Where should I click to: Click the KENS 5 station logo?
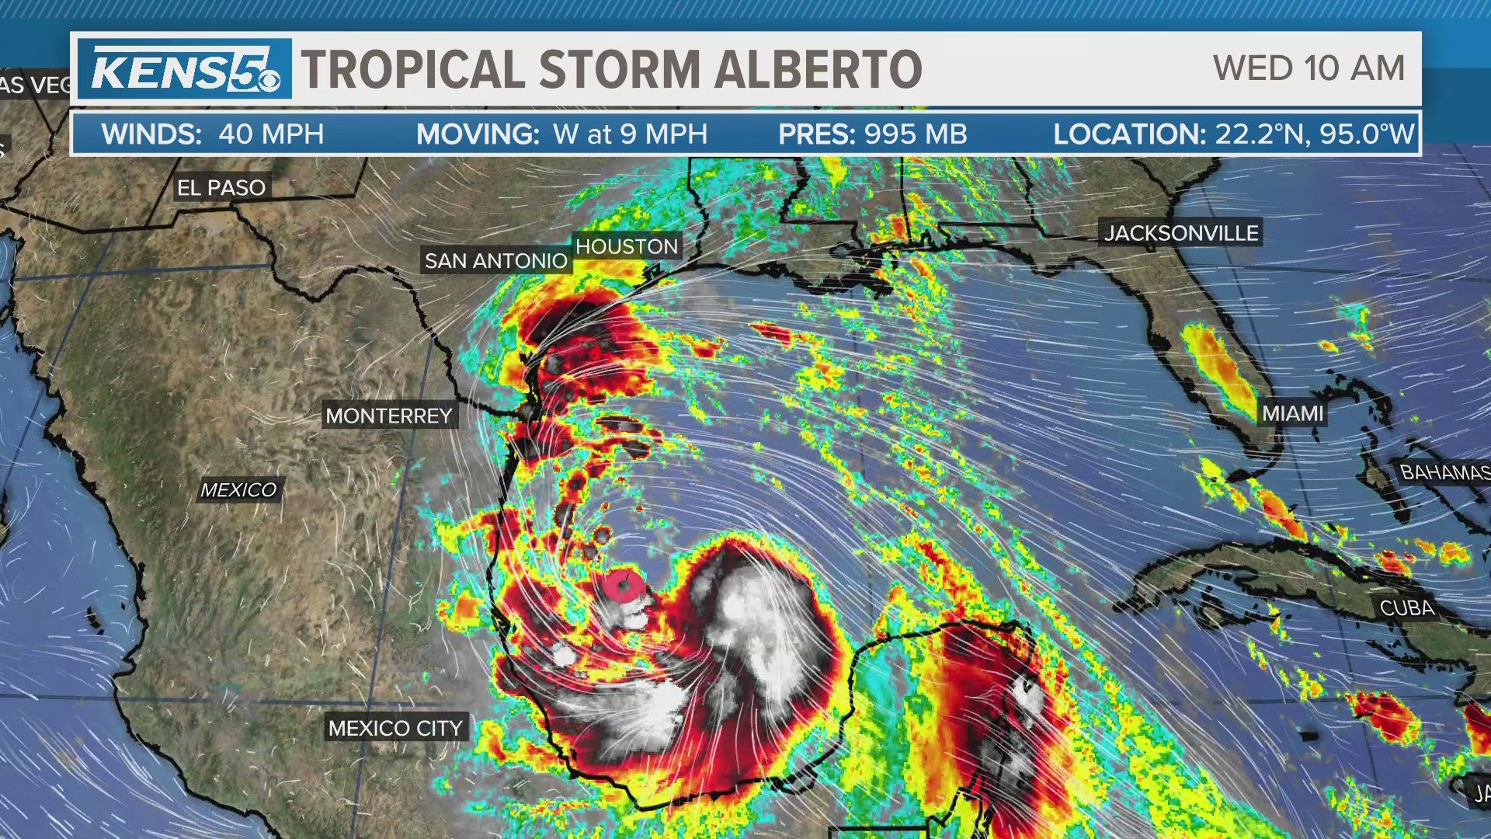[185, 70]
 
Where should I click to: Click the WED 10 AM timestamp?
[1309, 68]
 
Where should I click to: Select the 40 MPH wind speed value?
[271, 134]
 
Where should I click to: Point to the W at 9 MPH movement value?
[630, 134]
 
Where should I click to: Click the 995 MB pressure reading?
[911, 134]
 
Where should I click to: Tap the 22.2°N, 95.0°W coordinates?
[1314, 134]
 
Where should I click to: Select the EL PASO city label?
[221, 188]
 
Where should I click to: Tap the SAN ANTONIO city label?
[496, 261]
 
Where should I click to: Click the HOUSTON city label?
[627, 247]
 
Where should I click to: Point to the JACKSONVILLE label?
[1181, 233]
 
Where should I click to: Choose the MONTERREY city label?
[389, 416]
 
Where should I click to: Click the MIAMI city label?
[1292, 413]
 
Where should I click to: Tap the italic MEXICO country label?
[238, 490]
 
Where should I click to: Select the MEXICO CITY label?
[395, 729]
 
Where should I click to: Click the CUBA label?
[1406, 608]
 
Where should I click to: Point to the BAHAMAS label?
[1444, 472]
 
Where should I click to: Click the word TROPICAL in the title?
[413, 70]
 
